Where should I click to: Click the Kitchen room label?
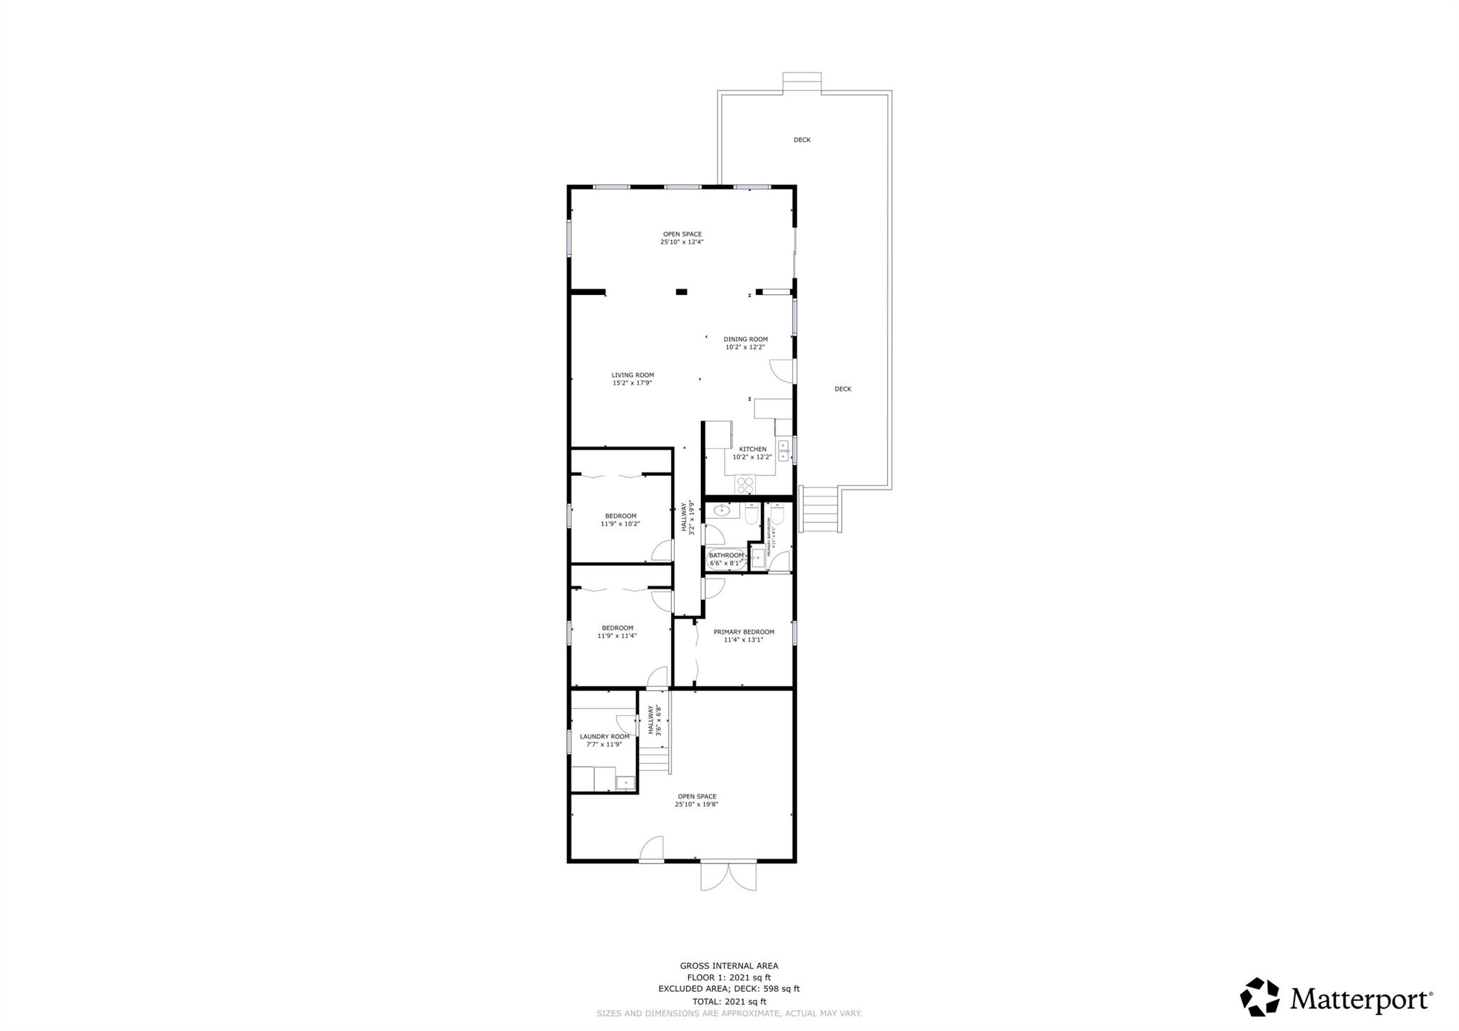(x=752, y=449)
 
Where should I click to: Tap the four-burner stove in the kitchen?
(x=745, y=485)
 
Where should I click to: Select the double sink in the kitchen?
(x=783, y=450)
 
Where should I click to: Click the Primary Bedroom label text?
(x=744, y=632)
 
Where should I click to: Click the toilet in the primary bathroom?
(x=777, y=514)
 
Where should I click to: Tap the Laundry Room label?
(x=604, y=737)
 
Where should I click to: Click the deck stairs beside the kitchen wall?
(x=820, y=509)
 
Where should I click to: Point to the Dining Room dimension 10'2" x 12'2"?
(x=745, y=348)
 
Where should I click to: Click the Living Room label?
(x=633, y=375)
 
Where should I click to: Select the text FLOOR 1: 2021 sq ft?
(x=729, y=978)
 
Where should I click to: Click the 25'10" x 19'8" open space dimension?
(x=696, y=804)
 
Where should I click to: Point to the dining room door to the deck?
(x=782, y=371)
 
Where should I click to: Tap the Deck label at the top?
(x=801, y=140)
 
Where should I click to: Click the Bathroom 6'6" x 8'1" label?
(x=726, y=555)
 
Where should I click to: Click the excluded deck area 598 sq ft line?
(x=729, y=989)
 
